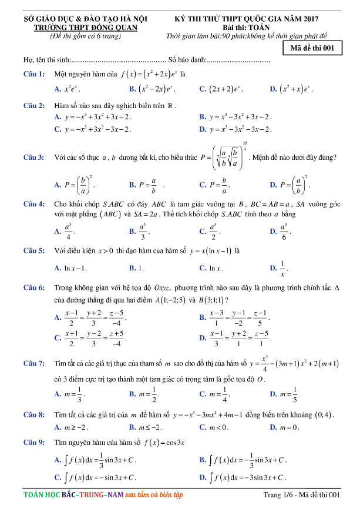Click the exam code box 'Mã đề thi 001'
(x=312, y=49)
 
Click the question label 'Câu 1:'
(x=34, y=75)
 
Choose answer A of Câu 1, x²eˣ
(x=67, y=89)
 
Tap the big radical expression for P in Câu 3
(x=227, y=158)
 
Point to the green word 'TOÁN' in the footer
(x=36, y=496)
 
